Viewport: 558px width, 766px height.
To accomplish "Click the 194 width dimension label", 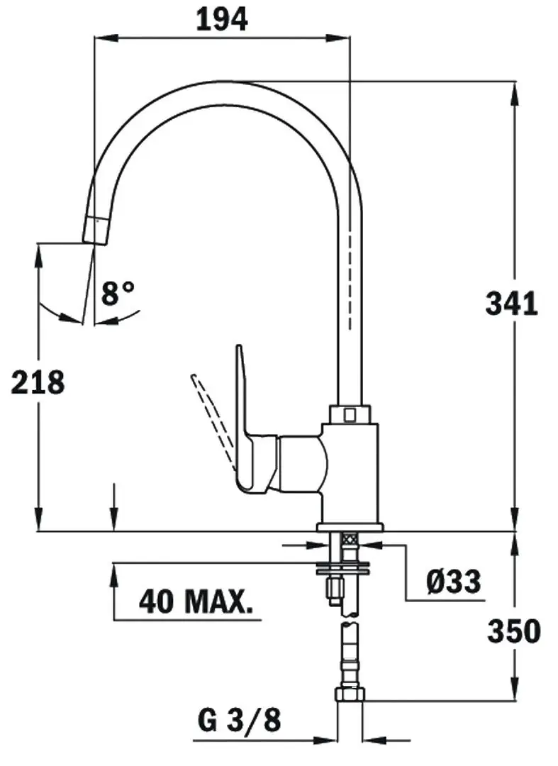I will (222, 19).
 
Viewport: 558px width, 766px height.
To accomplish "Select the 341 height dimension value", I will (511, 304).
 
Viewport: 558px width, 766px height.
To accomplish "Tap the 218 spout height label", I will (38, 382).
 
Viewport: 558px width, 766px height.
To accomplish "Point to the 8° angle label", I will (117, 292).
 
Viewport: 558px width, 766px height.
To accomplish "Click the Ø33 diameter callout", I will (453, 582).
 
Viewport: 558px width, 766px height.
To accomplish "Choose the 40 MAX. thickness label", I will (196, 602).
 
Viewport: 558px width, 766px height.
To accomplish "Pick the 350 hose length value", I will (513, 631).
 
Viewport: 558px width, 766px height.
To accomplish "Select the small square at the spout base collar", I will (349, 413).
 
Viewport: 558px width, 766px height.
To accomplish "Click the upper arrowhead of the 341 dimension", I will (513, 89).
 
